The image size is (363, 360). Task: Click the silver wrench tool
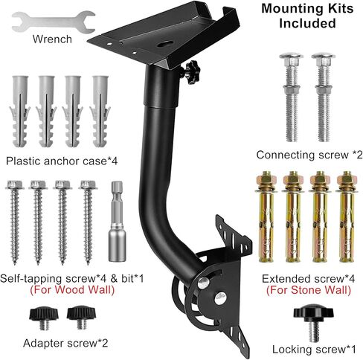click(54, 22)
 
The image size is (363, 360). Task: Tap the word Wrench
click(52, 39)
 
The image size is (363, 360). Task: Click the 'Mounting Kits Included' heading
click(307, 16)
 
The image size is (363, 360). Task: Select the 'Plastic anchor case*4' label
click(62, 161)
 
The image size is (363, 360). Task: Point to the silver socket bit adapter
click(117, 221)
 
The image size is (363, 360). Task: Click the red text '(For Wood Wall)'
click(72, 290)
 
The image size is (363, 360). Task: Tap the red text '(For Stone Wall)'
click(309, 290)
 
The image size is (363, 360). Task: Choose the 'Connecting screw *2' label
click(309, 155)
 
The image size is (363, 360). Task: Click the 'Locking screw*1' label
click(314, 350)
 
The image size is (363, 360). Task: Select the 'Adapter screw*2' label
click(65, 344)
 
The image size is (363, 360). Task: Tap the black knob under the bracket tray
click(192, 72)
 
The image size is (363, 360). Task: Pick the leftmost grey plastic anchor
click(19, 112)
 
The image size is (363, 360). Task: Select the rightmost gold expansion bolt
click(346, 216)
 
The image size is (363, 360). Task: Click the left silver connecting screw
click(291, 97)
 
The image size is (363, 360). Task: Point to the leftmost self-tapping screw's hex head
click(15, 184)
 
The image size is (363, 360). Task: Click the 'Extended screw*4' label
click(308, 279)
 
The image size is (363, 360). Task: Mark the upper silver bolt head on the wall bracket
click(204, 283)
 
